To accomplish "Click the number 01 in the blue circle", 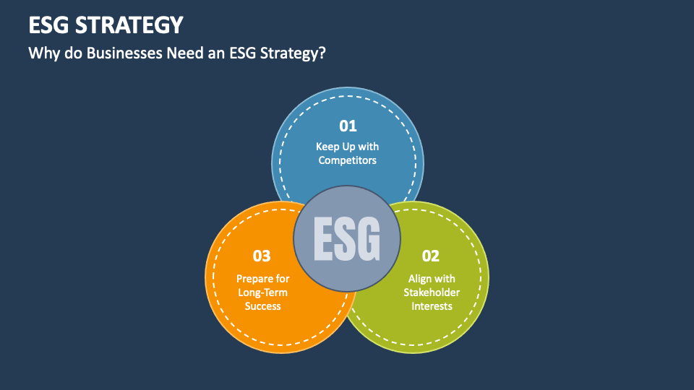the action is (x=348, y=126).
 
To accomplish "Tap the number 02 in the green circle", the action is (x=431, y=256).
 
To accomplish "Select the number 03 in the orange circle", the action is (x=262, y=256).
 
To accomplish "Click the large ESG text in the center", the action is (x=347, y=239).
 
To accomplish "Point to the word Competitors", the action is (x=348, y=160).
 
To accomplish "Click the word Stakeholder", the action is (x=432, y=292).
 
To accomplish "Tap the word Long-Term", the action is (x=263, y=292).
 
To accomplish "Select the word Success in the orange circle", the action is (x=263, y=306).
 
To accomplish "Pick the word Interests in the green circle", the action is (x=432, y=306).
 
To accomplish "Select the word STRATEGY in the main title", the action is (x=129, y=25).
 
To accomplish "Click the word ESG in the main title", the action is (x=49, y=25).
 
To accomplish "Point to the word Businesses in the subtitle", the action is (x=124, y=53).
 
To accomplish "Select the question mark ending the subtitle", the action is (x=322, y=53).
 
